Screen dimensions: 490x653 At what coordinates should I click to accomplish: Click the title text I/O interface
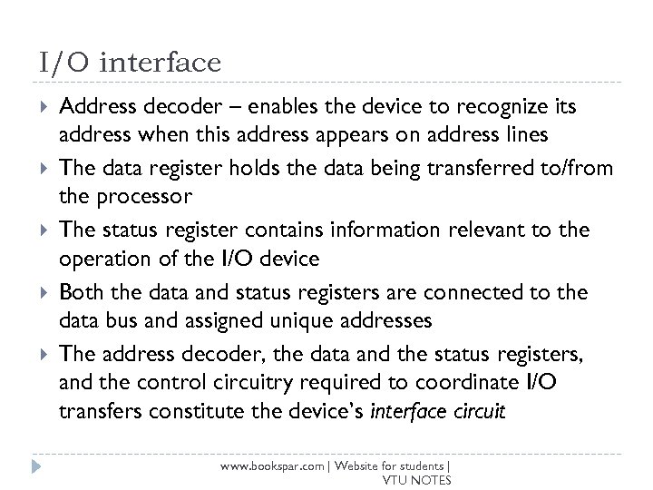(131, 63)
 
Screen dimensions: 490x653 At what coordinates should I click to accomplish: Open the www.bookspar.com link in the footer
(275, 465)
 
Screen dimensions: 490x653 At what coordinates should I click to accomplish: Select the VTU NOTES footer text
(417, 480)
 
